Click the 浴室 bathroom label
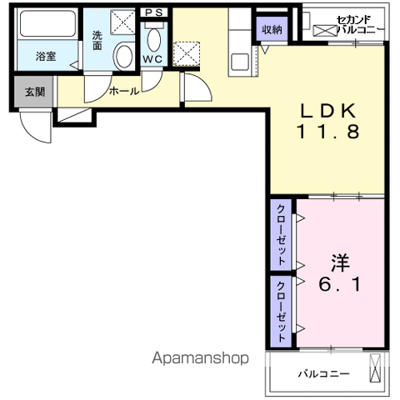(x=46, y=57)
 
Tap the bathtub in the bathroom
(x=47, y=23)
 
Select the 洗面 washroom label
(x=97, y=41)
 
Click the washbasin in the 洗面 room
(x=124, y=56)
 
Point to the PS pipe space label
(x=153, y=12)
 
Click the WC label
(x=152, y=59)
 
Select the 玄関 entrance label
(x=35, y=92)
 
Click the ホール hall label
(x=124, y=91)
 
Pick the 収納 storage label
(x=272, y=29)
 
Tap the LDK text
(x=328, y=111)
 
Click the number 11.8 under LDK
(x=328, y=132)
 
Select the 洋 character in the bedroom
(x=340, y=262)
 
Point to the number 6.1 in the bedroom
(x=340, y=284)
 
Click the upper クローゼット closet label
(x=282, y=235)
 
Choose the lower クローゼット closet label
(x=282, y=312)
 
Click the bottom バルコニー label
(x=323, y=374)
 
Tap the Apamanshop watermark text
(x=200, y=358)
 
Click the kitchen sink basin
(x=240, y=62)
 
